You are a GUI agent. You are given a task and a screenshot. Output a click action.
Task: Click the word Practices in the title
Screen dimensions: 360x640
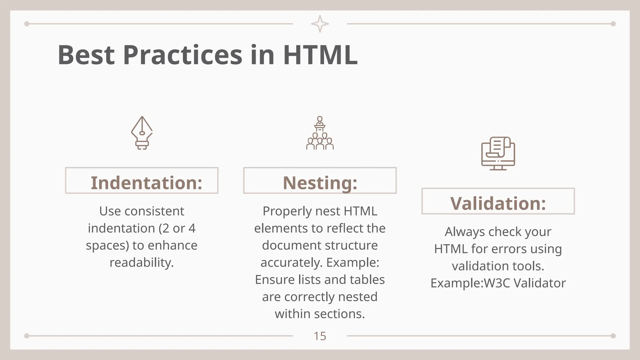pyautogui.click(x=182, y=55)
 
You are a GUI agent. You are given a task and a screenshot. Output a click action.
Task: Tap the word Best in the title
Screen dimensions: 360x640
pyautogui.click(x=86, y=55)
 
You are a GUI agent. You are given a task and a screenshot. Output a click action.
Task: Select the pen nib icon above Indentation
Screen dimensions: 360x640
pyautogui.click(x=142, y=133)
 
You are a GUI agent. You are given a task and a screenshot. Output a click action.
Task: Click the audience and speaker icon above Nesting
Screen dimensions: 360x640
pyautogui.click(x=320, y=133)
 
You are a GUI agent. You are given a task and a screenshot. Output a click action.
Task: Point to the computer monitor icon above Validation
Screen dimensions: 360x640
pyautogui.click(x=498, y=153)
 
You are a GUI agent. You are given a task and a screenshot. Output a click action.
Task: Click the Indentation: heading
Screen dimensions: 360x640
pyautogui.click(x=146, y=182)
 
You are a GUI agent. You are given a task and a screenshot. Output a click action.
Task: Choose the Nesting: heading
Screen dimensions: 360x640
pyautogui.click(x=320, y=182)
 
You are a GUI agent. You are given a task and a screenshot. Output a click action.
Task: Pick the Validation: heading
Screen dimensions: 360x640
pyautogui.click(x=498, y=203)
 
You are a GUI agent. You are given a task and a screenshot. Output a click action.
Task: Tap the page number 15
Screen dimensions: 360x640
pyautogui.click(x=320, y=336)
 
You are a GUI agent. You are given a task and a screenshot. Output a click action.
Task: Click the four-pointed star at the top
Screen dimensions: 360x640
pyautogui.click(x=320, y=24)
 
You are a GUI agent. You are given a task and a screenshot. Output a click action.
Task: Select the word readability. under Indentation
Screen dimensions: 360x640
pyautogui.click(x=142, y=262)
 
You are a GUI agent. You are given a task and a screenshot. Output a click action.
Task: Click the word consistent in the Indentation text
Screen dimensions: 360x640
pyautogui.click(x=154, y=211)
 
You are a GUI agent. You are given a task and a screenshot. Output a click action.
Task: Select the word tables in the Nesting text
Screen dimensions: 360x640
pyautogui.click(x=367, y=280)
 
